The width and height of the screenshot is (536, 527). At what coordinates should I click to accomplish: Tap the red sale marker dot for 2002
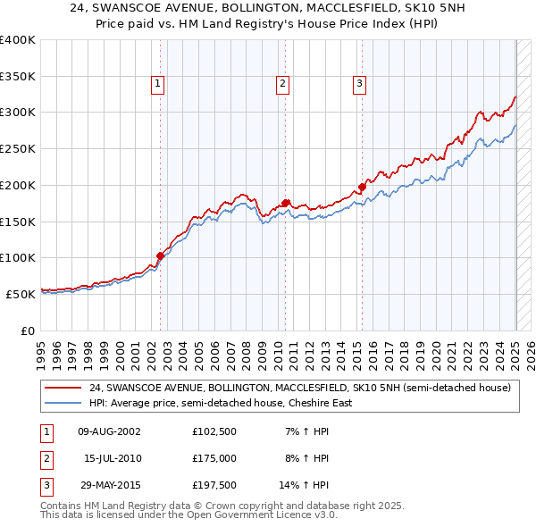[x=161, y=255]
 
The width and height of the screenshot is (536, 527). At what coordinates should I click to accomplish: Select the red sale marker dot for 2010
[x=286, y=203]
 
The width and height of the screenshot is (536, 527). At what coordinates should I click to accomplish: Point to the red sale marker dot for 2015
[x=363, y=187]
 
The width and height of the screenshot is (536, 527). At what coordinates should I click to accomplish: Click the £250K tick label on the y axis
[x=17, y=148]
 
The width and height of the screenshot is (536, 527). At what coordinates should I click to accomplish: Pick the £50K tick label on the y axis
[x=21, y=294]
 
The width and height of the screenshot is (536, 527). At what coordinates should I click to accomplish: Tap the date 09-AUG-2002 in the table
[x=110, y=431]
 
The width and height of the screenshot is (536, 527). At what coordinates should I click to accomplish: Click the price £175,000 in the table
[x=214, y=458]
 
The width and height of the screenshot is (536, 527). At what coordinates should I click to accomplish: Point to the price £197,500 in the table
[x=214, y=485]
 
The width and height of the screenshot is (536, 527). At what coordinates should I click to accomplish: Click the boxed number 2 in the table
[x=46, y=458]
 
